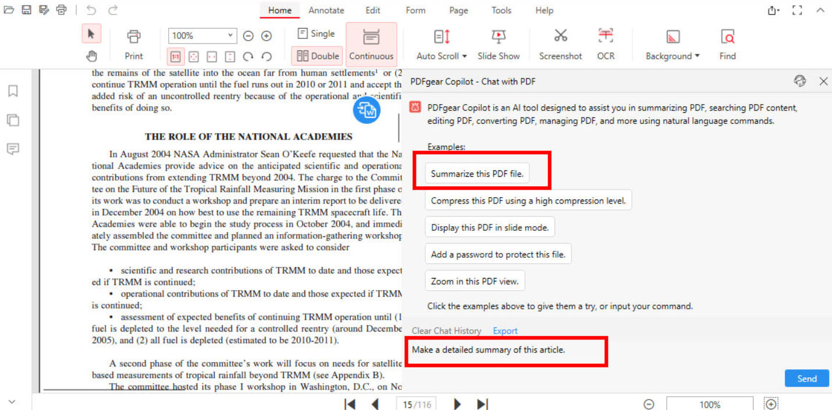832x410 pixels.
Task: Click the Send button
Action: [x=806, y=379]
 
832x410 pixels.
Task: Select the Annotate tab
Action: [x=326, y=10]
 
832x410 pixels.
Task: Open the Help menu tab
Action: [x=544, y=10]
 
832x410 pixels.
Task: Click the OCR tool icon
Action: [x=606, y=36]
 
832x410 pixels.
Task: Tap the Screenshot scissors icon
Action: [x=560, y=36]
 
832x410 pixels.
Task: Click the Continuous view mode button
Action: [x=371, y=44]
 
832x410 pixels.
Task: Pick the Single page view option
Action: [x=316, y=34]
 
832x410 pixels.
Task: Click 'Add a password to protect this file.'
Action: [x=498, y=254]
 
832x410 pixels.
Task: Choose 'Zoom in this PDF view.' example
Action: [x=475, y=281]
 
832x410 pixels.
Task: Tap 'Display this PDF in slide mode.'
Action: [x=490, y=227]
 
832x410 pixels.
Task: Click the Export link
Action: [x=505, y=331]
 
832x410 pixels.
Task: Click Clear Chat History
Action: [x=446, y=331]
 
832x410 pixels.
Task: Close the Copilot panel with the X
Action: [x=823, y=81]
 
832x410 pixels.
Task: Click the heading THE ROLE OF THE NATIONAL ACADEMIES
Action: [x=248, y=137]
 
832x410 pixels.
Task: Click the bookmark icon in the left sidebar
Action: [x=13, y=91]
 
